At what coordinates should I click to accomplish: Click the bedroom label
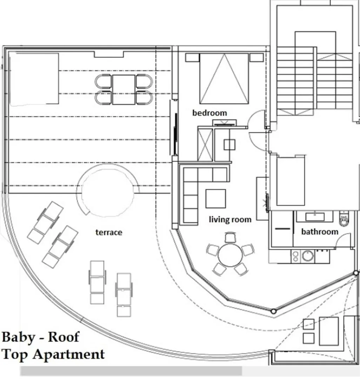point(209,113)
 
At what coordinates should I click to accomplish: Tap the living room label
point(230,220)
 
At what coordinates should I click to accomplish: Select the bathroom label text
point(320,232)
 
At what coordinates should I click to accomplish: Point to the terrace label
point(109,232)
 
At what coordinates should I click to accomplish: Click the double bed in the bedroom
point(224,79)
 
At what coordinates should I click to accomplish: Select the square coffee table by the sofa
point(215,199)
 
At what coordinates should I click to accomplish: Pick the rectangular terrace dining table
point(124,89)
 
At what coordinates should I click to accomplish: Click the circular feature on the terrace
point(108,191)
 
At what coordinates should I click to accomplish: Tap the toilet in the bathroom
point(344,219)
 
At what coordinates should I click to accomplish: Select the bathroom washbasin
point(315,216)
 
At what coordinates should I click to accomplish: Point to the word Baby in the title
point(18,337)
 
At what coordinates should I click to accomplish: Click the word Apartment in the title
point(68,354)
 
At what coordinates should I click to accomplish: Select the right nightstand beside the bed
point(256,58)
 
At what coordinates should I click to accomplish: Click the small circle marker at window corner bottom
point(273,311)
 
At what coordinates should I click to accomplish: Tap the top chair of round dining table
point(230,238)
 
